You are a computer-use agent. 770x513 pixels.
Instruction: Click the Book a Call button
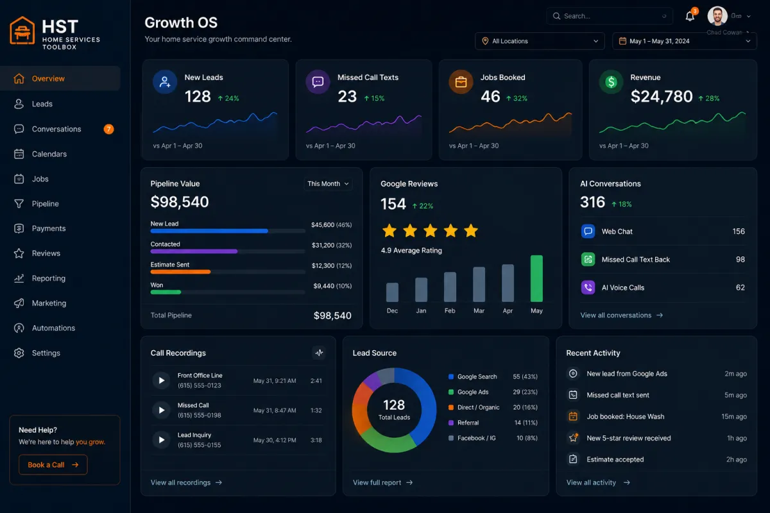(53, 464)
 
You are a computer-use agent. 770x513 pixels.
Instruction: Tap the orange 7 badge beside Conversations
(108, 129)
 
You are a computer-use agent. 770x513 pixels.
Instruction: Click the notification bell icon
(690, 16)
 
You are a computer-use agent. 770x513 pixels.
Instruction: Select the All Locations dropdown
(540, 41)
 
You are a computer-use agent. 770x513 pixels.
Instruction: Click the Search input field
(609, 16)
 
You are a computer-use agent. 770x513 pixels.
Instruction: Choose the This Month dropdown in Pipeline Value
(328, 184)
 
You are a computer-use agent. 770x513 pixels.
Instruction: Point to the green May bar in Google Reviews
(536, 278)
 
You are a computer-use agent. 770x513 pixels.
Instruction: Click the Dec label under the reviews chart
(392, 310)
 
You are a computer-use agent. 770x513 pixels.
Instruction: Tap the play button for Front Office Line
(161, 380)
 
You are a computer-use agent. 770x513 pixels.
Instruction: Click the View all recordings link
(186, 482)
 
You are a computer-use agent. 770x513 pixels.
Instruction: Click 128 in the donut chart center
(394, 405)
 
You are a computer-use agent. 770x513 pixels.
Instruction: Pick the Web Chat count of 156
(739, 231)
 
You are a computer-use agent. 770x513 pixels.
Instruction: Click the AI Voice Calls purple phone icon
(588, 287)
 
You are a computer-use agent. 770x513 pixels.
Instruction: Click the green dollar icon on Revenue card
(611, 82)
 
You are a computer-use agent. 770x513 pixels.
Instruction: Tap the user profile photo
(717, 16)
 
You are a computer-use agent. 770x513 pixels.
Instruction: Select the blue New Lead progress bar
(209, 231)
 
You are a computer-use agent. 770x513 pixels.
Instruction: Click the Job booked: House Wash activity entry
(625, 416)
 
